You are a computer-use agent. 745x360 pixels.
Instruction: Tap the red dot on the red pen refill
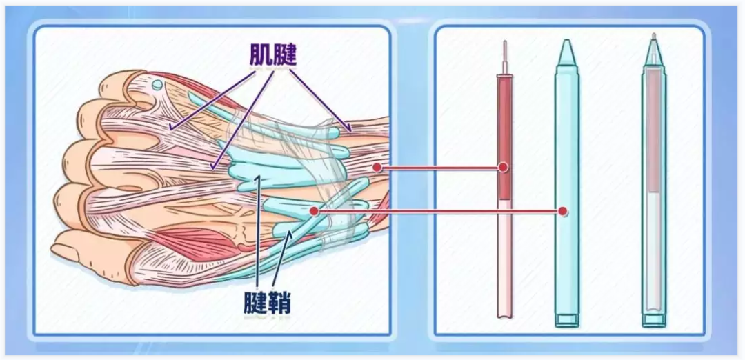click(x=504, y=167)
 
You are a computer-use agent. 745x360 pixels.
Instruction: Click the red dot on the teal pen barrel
click(x=563, y=210)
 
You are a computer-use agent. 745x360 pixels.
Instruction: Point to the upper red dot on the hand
click(x=377, y=167)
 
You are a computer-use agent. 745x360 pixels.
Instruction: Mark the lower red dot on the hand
click(x=314, y=210)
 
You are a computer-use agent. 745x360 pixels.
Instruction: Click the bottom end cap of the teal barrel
click(x=567, y=320)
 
